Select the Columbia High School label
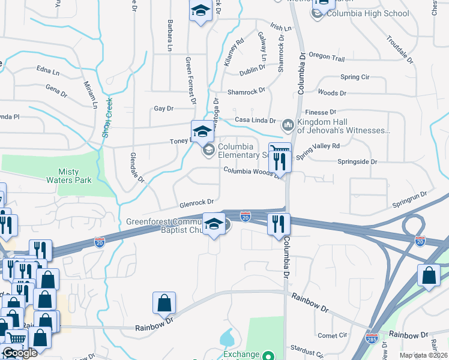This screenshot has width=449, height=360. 364,13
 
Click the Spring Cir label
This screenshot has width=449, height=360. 355,77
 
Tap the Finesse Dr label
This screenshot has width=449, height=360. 321,112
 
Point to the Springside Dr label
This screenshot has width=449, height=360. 357,162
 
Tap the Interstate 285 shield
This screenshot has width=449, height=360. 372,338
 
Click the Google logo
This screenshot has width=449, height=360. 20,353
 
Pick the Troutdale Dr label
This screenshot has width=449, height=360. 400,50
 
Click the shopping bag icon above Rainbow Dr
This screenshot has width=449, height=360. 164,304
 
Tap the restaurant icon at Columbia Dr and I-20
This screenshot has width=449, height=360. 279,225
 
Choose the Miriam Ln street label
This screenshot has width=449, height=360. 91,95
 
